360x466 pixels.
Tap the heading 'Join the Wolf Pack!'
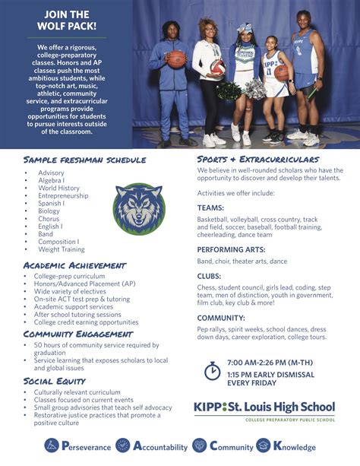66,21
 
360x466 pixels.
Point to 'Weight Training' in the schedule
62,249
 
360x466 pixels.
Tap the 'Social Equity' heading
54,381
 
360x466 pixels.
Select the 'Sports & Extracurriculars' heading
257,159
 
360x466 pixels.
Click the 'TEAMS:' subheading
210,207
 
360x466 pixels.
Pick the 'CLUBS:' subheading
210,276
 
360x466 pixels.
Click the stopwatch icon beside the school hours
213,371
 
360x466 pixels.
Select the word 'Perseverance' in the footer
83,446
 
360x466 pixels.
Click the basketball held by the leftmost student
177,59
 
